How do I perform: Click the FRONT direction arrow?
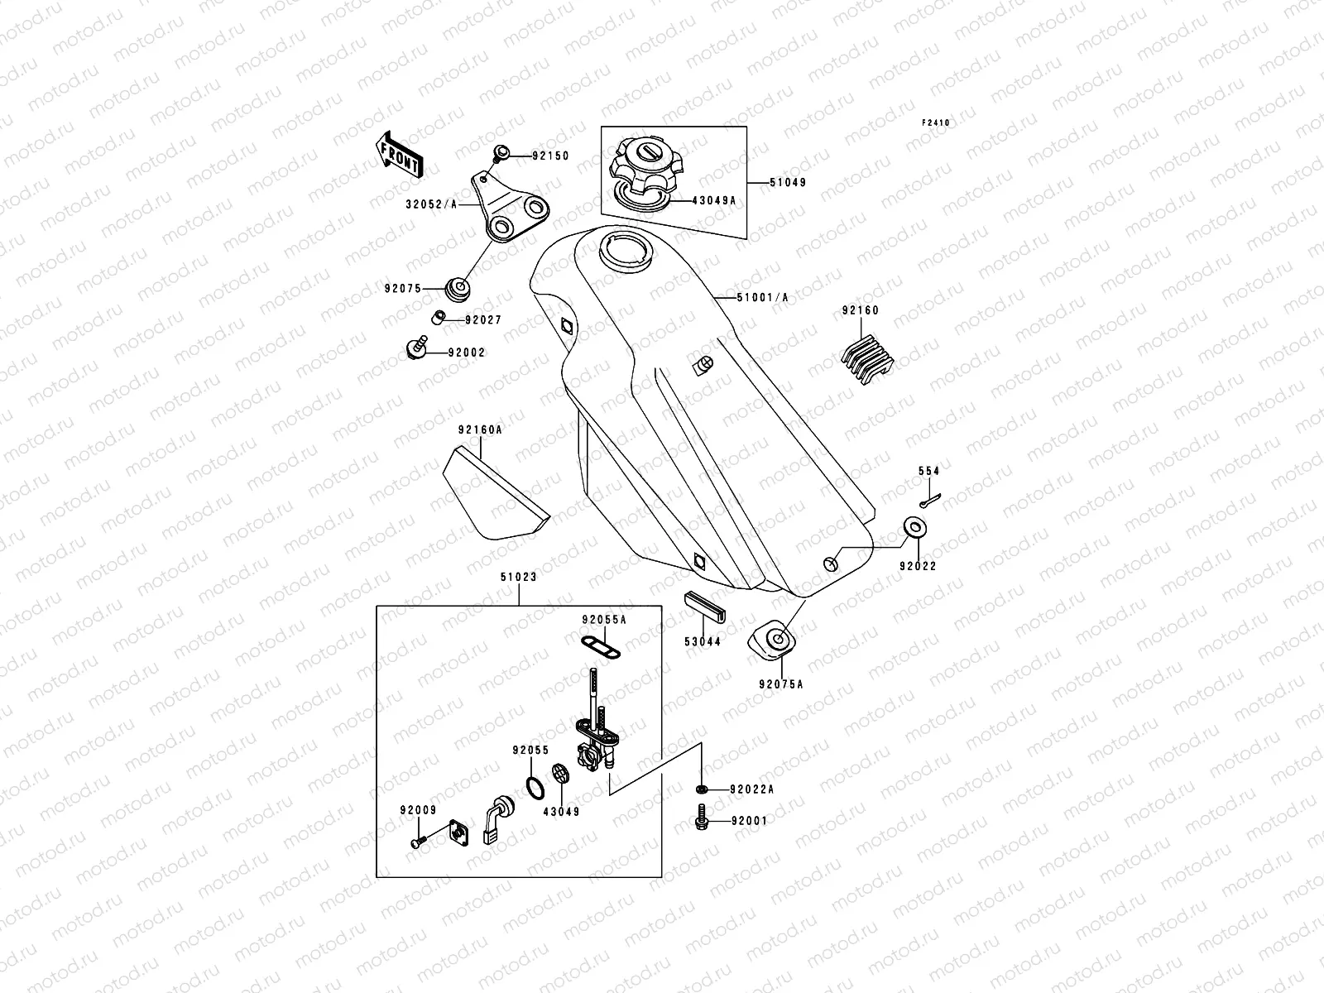pyautogui.click(x=401, y=155)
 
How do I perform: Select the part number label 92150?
pyautogui.click(x=550, y=156)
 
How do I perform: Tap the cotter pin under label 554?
pyautogui.click(x=929, y=499)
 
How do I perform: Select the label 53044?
pyautogui.click(x=702, y=641)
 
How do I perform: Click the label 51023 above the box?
pyautogui.click(x=519, y=578)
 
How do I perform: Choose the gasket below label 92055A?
pyautogui.click(x=592, y=642)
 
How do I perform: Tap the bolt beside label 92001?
pyautogui.click(x=700, y=822)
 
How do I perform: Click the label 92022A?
pyautogui.click(x=751, y=789)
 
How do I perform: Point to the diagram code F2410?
pyautogui.click(x=937, y=122)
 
